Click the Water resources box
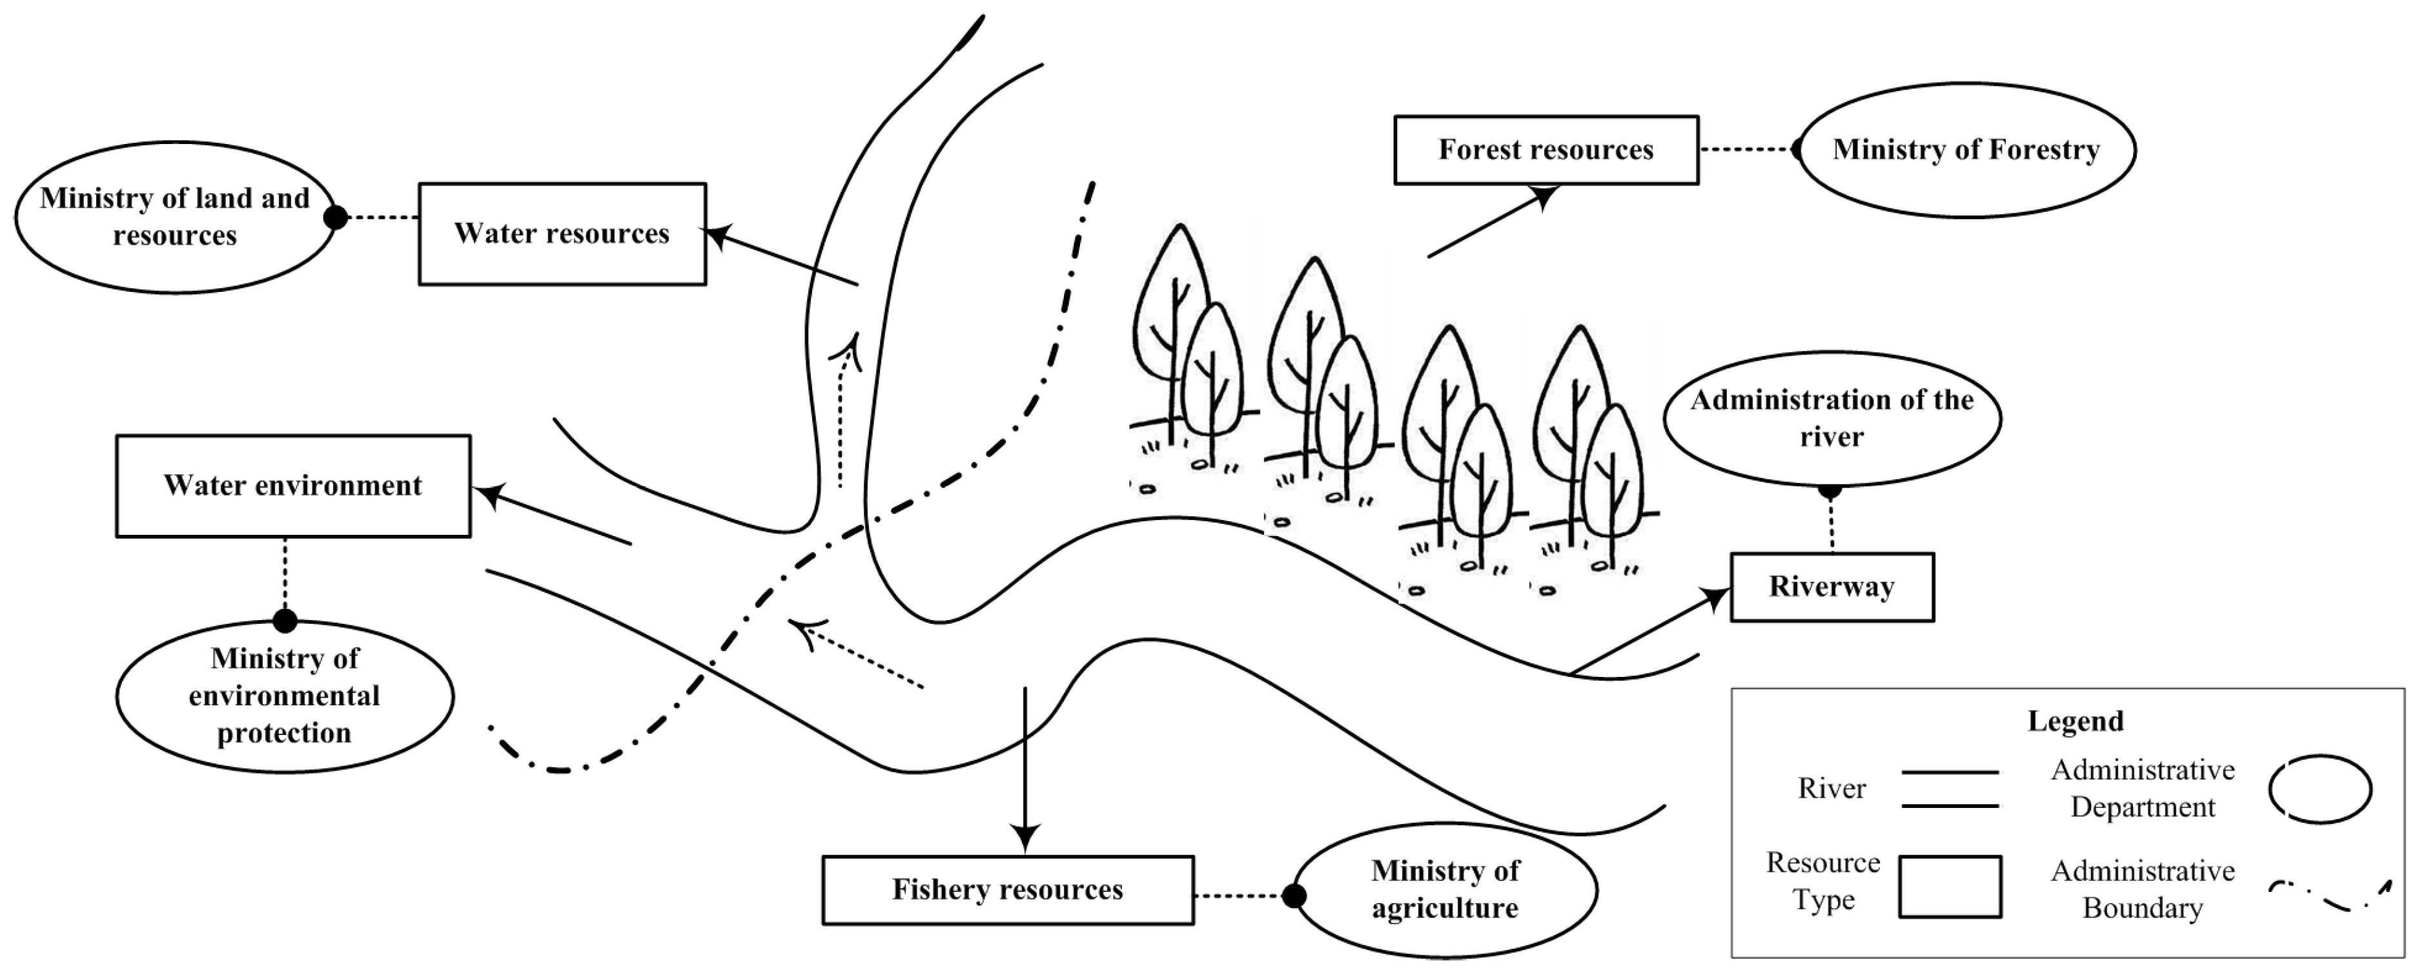[x=562, y=234]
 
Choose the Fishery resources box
[x=1008, y=889]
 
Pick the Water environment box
[x=293, y=486]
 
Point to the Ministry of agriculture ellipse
[x=1445, y=889]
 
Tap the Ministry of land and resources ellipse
[x=175, y=217]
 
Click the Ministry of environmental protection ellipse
[x=285, y=696]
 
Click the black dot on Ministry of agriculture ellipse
[x=1293, y=896]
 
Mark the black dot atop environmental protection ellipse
[x=285, y=621]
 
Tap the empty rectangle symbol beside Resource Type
[x=1950, y=886]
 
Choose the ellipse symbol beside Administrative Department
[x=2320, y=789]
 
